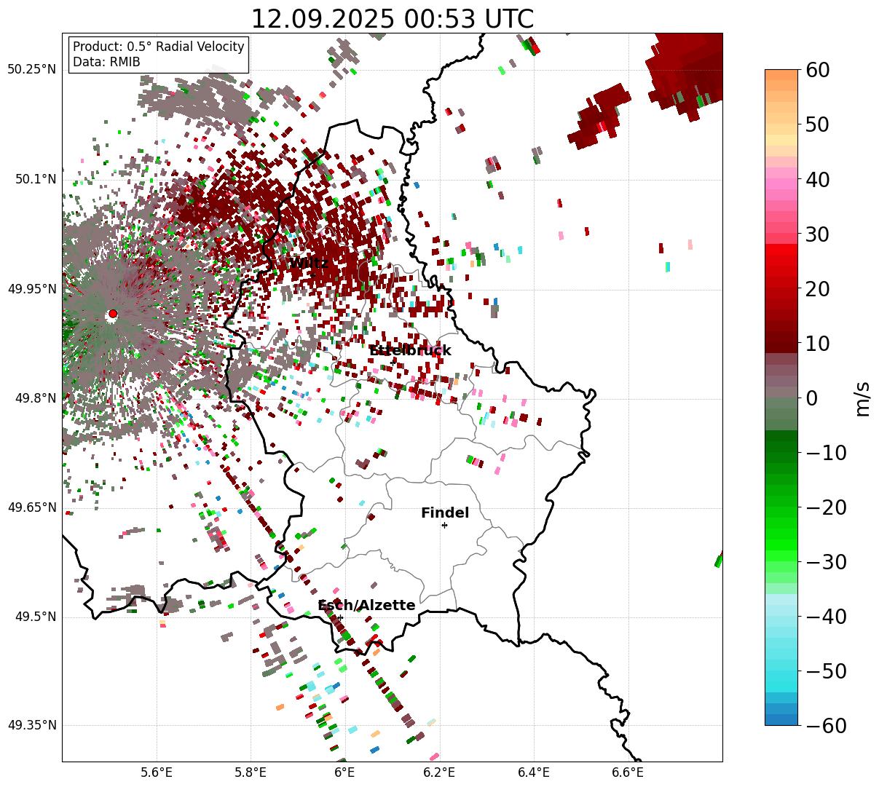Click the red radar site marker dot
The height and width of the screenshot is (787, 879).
[112, 314]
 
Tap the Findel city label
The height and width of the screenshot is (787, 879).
[445, 513]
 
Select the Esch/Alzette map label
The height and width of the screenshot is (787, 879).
[366, 606]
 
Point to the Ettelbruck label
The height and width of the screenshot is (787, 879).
[410, 351]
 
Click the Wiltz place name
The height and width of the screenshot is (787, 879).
[309, 263]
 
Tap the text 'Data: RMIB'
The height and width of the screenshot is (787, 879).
[106, 62]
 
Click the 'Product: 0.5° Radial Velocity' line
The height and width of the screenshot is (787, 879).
[159, 47]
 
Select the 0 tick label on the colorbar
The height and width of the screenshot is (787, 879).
[811, 398]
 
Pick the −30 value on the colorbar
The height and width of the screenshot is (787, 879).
[825, 562]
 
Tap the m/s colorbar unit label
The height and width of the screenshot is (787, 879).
[862, 398]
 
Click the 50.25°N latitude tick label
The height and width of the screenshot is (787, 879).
[31, 70]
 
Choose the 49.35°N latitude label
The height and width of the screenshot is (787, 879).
[31, 725]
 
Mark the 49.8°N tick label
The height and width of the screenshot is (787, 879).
[34, 399]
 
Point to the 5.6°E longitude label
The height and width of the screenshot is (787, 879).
[156, 772]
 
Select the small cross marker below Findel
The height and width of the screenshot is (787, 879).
[444, 525]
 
